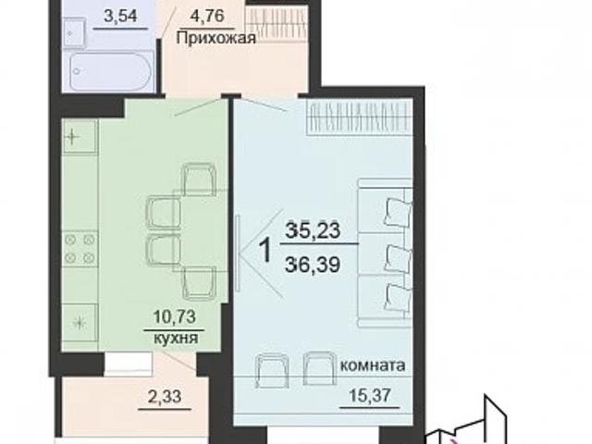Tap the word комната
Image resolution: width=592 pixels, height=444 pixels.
tap(373, 364)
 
